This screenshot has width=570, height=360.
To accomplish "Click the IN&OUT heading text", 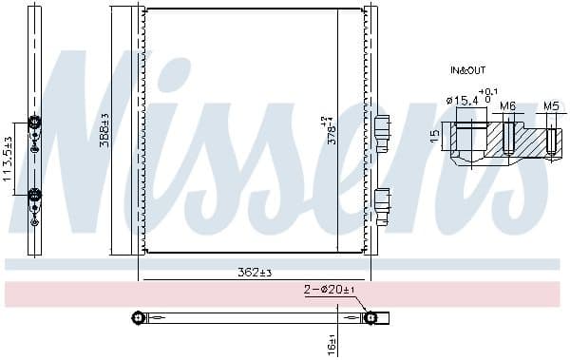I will (467, 70).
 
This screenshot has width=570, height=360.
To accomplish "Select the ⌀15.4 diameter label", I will (461, 101).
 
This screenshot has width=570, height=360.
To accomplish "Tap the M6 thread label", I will (507, 105).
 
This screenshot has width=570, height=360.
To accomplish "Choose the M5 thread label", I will (551, 105).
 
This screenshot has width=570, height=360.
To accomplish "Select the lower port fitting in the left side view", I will (35, 196).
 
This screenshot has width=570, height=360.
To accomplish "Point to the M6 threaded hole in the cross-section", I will (508, 138).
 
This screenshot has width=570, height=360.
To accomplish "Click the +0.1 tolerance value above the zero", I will (487, 91).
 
